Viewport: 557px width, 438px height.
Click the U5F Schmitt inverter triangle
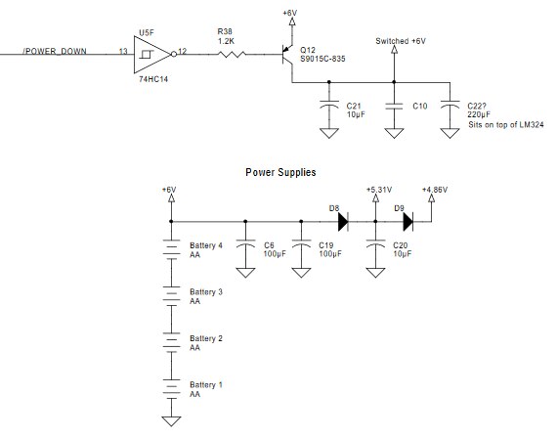[152, 55]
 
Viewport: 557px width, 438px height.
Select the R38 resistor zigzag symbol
[232, 55]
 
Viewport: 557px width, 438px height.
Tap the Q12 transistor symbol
[287, 55]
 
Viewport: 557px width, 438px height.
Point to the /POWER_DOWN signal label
[55, 51]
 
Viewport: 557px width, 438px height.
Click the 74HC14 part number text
[153, 79]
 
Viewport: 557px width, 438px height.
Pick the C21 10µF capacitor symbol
[329, 105]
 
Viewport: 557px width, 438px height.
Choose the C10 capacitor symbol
[394, 106]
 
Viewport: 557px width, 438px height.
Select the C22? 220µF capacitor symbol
[450, 105]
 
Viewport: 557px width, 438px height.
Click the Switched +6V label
[401, 41]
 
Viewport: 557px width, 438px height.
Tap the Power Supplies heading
[280, 172]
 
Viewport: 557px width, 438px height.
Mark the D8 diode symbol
[343, 222]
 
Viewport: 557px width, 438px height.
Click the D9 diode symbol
[408, 222]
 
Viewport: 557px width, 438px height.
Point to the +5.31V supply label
[379, 190]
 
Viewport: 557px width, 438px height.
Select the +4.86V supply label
[435, 190]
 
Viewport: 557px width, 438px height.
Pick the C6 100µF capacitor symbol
[245, 243]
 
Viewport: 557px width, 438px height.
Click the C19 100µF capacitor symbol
[301, 243]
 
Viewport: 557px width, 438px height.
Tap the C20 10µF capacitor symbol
[375, 243]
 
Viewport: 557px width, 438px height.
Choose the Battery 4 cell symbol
[171, 249]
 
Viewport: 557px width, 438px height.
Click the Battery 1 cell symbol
[171, 388]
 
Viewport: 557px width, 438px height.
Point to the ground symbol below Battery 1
[171, 421]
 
